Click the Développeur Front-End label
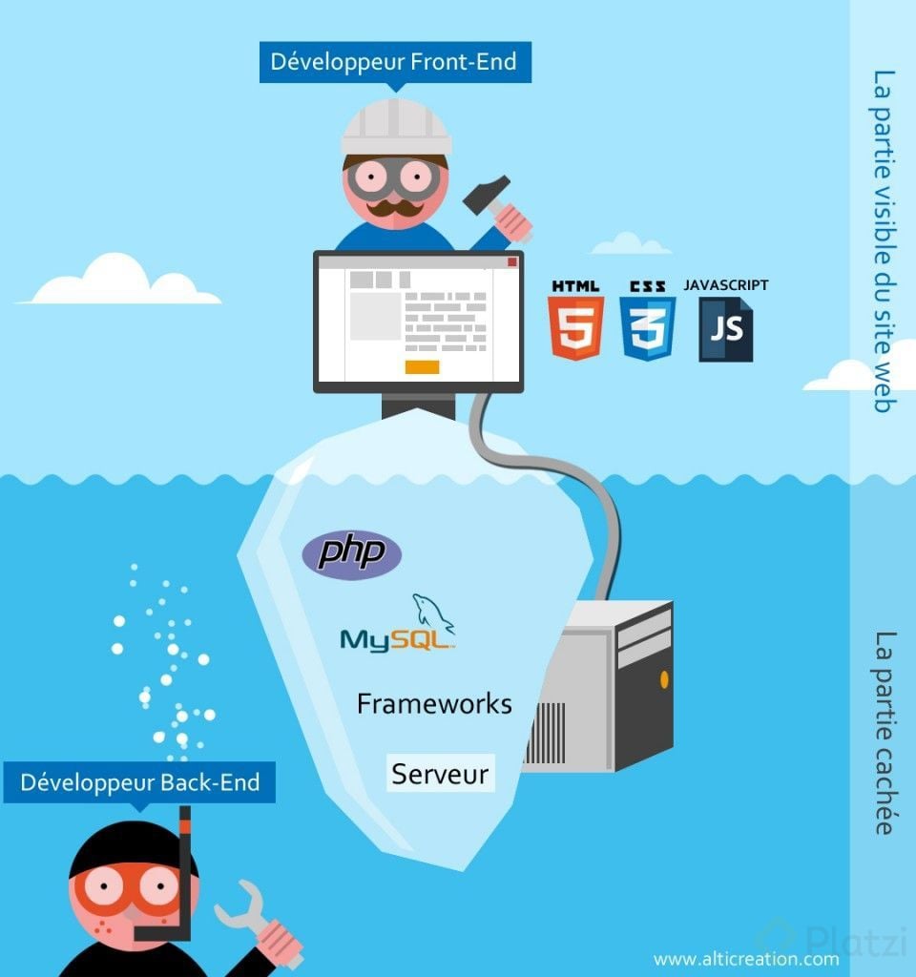(x=395, y=62)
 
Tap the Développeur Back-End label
(x=139, y=782)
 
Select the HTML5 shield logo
(x=575, y=328)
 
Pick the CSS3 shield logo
(x=648, y=328)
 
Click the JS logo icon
(x=726, y=329)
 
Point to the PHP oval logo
(x=351, y=554)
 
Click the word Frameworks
(x=434, y=704)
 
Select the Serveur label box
(x=441, y=773)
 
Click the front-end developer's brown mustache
(x=395, y=207)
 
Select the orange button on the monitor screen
(x=422, y=367)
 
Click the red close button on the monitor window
(x=512, y=261)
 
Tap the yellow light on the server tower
(x=664, y=679)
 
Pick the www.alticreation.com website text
(x=746, y=959)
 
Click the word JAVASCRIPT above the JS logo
(x=726, y=285)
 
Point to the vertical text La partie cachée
(x=885, y=733)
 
